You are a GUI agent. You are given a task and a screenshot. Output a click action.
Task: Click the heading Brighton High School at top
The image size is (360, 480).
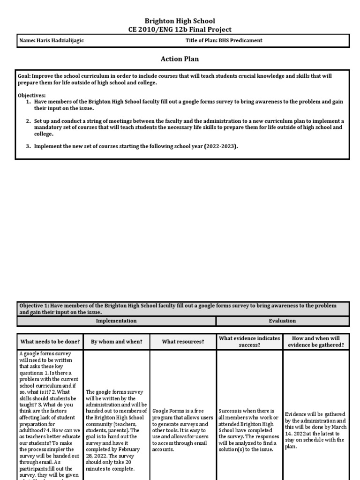tap(180, 21)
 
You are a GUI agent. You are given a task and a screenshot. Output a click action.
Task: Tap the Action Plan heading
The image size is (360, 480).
tap(180, 59)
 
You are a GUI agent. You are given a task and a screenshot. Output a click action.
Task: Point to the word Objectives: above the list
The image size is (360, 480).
tap(32, 95)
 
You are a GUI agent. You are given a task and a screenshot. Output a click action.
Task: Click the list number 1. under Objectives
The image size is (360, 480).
tap(28, 101)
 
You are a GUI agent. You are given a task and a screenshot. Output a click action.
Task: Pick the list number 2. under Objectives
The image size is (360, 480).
tap(28, 121)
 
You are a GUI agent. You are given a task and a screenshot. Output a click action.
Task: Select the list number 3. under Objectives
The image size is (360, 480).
tap(28, 146)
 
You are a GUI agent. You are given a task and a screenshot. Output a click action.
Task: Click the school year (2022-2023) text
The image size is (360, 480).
tap(221, 146)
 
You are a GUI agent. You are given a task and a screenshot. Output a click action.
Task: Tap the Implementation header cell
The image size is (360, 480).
tap(116, 321)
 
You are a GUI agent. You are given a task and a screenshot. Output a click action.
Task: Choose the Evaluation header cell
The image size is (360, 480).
tap(282, 321)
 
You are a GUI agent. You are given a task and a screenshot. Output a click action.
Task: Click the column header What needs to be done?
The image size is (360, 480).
tap(50, 342)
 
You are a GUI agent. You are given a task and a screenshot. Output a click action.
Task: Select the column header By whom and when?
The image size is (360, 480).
tap(116, 342)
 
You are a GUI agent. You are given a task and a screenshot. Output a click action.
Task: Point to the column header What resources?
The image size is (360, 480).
tap(183, 342)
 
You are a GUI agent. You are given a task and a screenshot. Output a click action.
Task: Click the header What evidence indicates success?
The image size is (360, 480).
tap(249, 342)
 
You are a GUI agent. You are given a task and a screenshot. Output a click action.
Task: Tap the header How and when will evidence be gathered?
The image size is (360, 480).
tap(315, 342)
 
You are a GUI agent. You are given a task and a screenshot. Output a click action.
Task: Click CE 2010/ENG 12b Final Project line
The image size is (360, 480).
tap(180, 30)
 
